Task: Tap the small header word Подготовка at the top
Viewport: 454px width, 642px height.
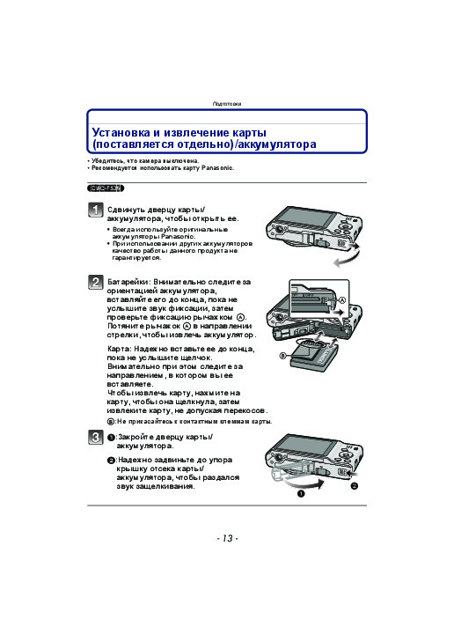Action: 227,104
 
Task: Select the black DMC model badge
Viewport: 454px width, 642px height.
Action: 106,188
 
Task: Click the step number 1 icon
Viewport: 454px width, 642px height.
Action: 95,210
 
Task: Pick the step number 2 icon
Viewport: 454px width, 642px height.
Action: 95,282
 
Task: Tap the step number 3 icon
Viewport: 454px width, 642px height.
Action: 95,438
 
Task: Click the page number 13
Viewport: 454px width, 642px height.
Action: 227,538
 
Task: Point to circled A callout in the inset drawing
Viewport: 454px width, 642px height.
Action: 342,300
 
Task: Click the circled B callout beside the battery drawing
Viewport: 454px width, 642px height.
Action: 282,356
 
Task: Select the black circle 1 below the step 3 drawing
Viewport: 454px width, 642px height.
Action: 301,494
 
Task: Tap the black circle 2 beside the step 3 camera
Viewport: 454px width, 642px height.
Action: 355,486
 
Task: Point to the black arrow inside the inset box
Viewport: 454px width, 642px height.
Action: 339,312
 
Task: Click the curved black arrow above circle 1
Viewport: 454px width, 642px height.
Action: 304,484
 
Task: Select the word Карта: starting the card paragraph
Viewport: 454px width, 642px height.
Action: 119,350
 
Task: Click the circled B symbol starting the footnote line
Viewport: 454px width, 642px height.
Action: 111,422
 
